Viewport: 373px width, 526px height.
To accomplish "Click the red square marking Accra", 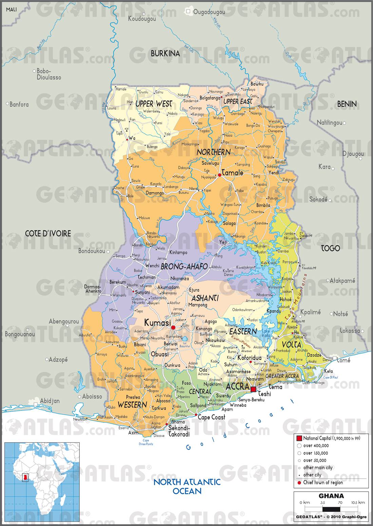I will click(x=253, y=389).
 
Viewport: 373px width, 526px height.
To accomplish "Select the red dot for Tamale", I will click(x=219, y=175).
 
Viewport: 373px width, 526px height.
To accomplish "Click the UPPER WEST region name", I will click(x=154, y=104).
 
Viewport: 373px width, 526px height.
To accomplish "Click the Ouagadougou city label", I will click(x=209, y=12).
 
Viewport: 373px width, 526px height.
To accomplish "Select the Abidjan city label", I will click(x=50, y=401).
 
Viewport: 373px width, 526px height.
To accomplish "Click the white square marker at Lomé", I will click(x=335, y=358).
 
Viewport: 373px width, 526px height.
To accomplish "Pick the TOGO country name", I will click(x=330, y=248).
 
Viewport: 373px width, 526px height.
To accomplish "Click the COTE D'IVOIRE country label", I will click(x=48, y=233).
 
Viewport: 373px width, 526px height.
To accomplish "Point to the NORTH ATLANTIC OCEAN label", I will click(x=187, y=486).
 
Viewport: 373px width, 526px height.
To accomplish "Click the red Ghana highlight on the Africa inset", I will click(x=24, y=478).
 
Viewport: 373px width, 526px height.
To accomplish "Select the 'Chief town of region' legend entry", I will click(x=322, y=483).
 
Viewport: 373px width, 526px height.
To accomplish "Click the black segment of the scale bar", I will click(x=329, y=509).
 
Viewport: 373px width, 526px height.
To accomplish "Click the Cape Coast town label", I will click(x=211, y=417).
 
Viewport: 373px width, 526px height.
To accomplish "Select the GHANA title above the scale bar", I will click(x=331, y=496).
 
